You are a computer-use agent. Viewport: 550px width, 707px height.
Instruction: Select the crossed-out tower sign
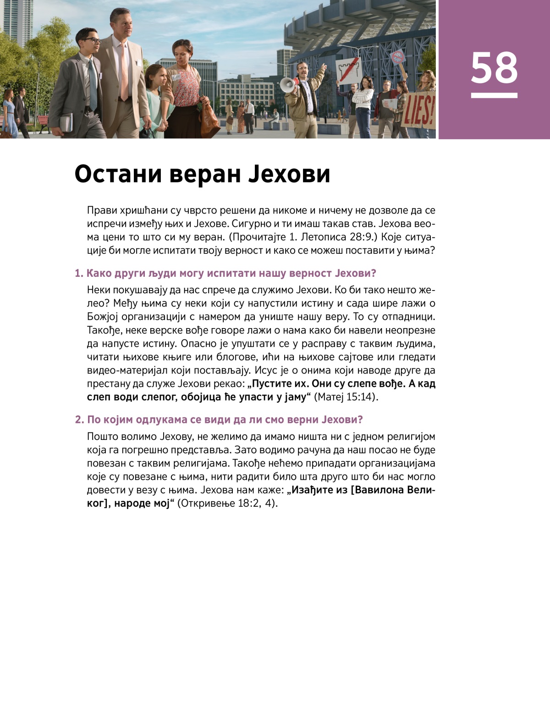tap(349, 71)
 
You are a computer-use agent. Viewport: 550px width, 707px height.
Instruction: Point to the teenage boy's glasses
tap(92, 41)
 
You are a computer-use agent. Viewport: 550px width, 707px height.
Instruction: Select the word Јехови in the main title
tap(289, 174)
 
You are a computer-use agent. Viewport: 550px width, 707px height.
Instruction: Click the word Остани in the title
tap(118, 174)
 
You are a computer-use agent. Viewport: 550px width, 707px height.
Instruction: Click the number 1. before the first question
tap(79, 274)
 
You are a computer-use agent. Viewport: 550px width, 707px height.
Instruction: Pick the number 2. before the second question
tap(79, 420)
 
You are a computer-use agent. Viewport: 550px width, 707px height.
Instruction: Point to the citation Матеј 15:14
tap(346, 397)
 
